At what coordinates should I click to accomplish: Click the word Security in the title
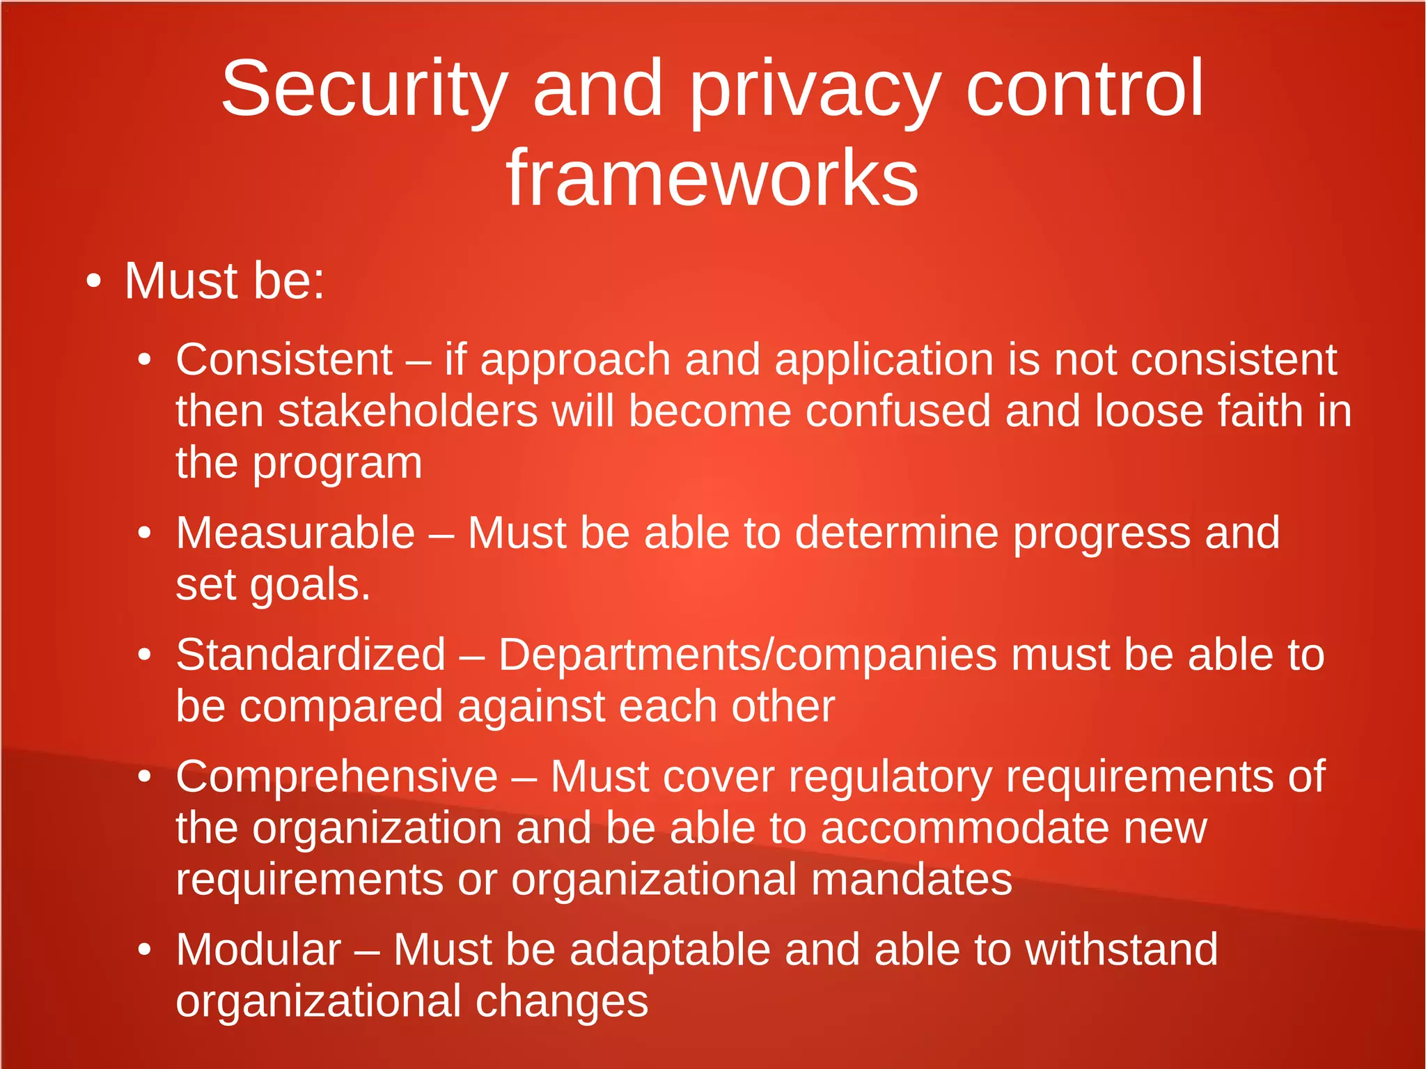(x=364, y=89)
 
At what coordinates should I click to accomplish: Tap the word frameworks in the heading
(x=712, y=179)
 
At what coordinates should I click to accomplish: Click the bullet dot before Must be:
(x=93, y=281)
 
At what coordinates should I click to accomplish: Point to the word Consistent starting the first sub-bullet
(x=284, y=360)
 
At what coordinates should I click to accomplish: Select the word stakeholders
(x=408, y=411)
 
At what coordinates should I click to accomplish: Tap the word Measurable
(x=295, y=533)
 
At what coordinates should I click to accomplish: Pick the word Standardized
(x=311, y=655)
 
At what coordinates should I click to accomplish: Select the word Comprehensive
(x=337, y=777)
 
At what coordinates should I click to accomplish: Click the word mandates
(x=911, y=880)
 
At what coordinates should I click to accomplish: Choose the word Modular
(x=258, y=950)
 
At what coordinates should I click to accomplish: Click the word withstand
(x=1122, y=950)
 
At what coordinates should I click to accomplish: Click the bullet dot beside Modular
(x=144, y=950)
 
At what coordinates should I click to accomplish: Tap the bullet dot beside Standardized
(x=144, y=655)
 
